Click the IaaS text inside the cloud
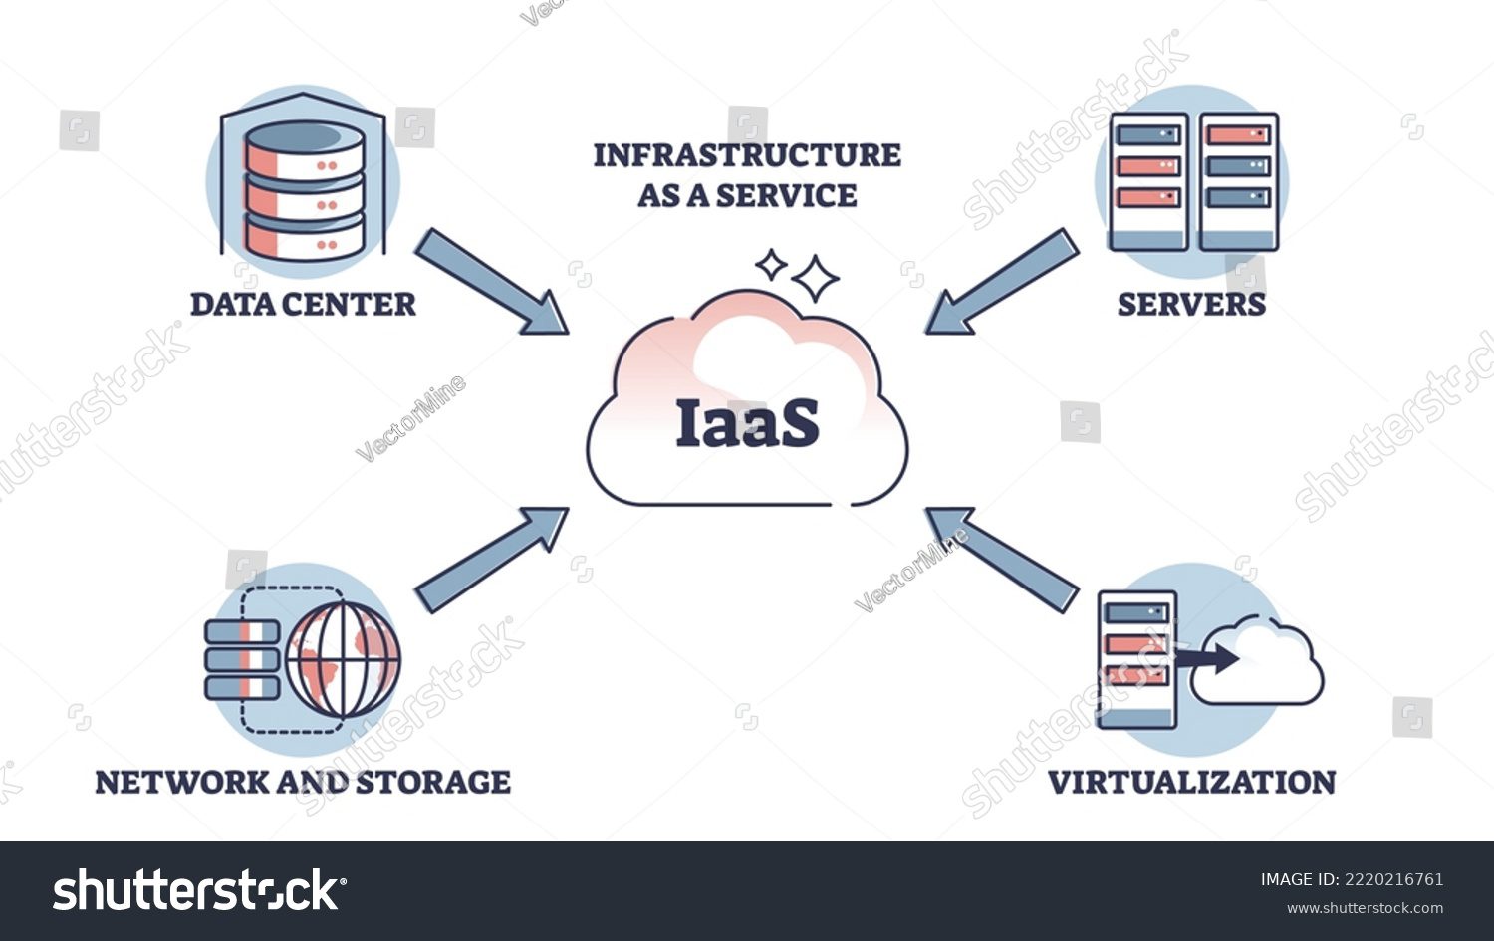pyautogui.click(x=747, y=423)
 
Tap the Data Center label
pyautogui.click(x=303, y=304)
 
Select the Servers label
pyautogui.click(x=1191, y=304)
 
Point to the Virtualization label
pyautogui.click(x=1191, y=782)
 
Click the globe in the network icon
pyautogui.click(x=343, y=659)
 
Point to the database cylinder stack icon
pyautogui.click(x=304, y=189)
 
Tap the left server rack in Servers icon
pyautogui.click(x=1148, y=181)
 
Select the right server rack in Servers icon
pyautogui.click(x=1238, y=181)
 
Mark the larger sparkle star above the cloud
pyautogui.click(x=817, y=278)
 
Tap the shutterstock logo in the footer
pyautogui.click(x=199, y=890)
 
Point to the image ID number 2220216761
pyautogui.click(x=1393, y=879)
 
